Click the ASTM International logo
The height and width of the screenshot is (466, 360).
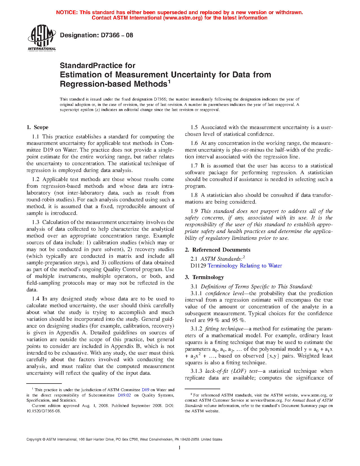42,38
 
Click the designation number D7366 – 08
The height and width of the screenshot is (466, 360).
96,35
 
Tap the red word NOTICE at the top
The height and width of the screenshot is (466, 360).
66,12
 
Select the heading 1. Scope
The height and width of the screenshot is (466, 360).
38,127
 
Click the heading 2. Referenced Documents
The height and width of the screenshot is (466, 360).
218,250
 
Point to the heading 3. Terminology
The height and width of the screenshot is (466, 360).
204,277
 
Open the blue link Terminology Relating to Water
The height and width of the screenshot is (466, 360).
245,266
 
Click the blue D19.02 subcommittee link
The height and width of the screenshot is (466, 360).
124,395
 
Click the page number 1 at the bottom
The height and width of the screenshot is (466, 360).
180,448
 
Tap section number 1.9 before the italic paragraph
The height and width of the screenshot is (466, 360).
194,211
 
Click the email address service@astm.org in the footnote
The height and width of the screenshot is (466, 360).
266,400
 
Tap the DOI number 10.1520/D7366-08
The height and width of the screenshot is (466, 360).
43,411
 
